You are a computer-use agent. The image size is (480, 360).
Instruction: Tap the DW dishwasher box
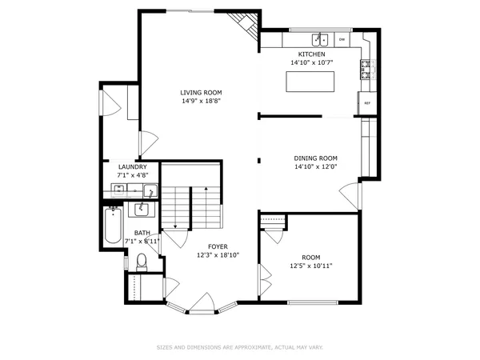click(x=342, y=38)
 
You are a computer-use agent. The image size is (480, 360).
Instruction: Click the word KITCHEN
click(x=311, y=53)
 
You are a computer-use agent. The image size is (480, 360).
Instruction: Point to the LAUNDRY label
click(x=132, y=166)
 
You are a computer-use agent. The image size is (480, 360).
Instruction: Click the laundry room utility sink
click(x=118, y=190)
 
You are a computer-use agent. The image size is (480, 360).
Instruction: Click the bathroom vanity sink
click(x=142, y=210)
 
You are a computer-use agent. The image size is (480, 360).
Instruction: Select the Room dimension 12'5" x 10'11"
click(x=310, y=266)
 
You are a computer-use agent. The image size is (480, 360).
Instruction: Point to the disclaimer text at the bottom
click(x=240, y=346)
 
